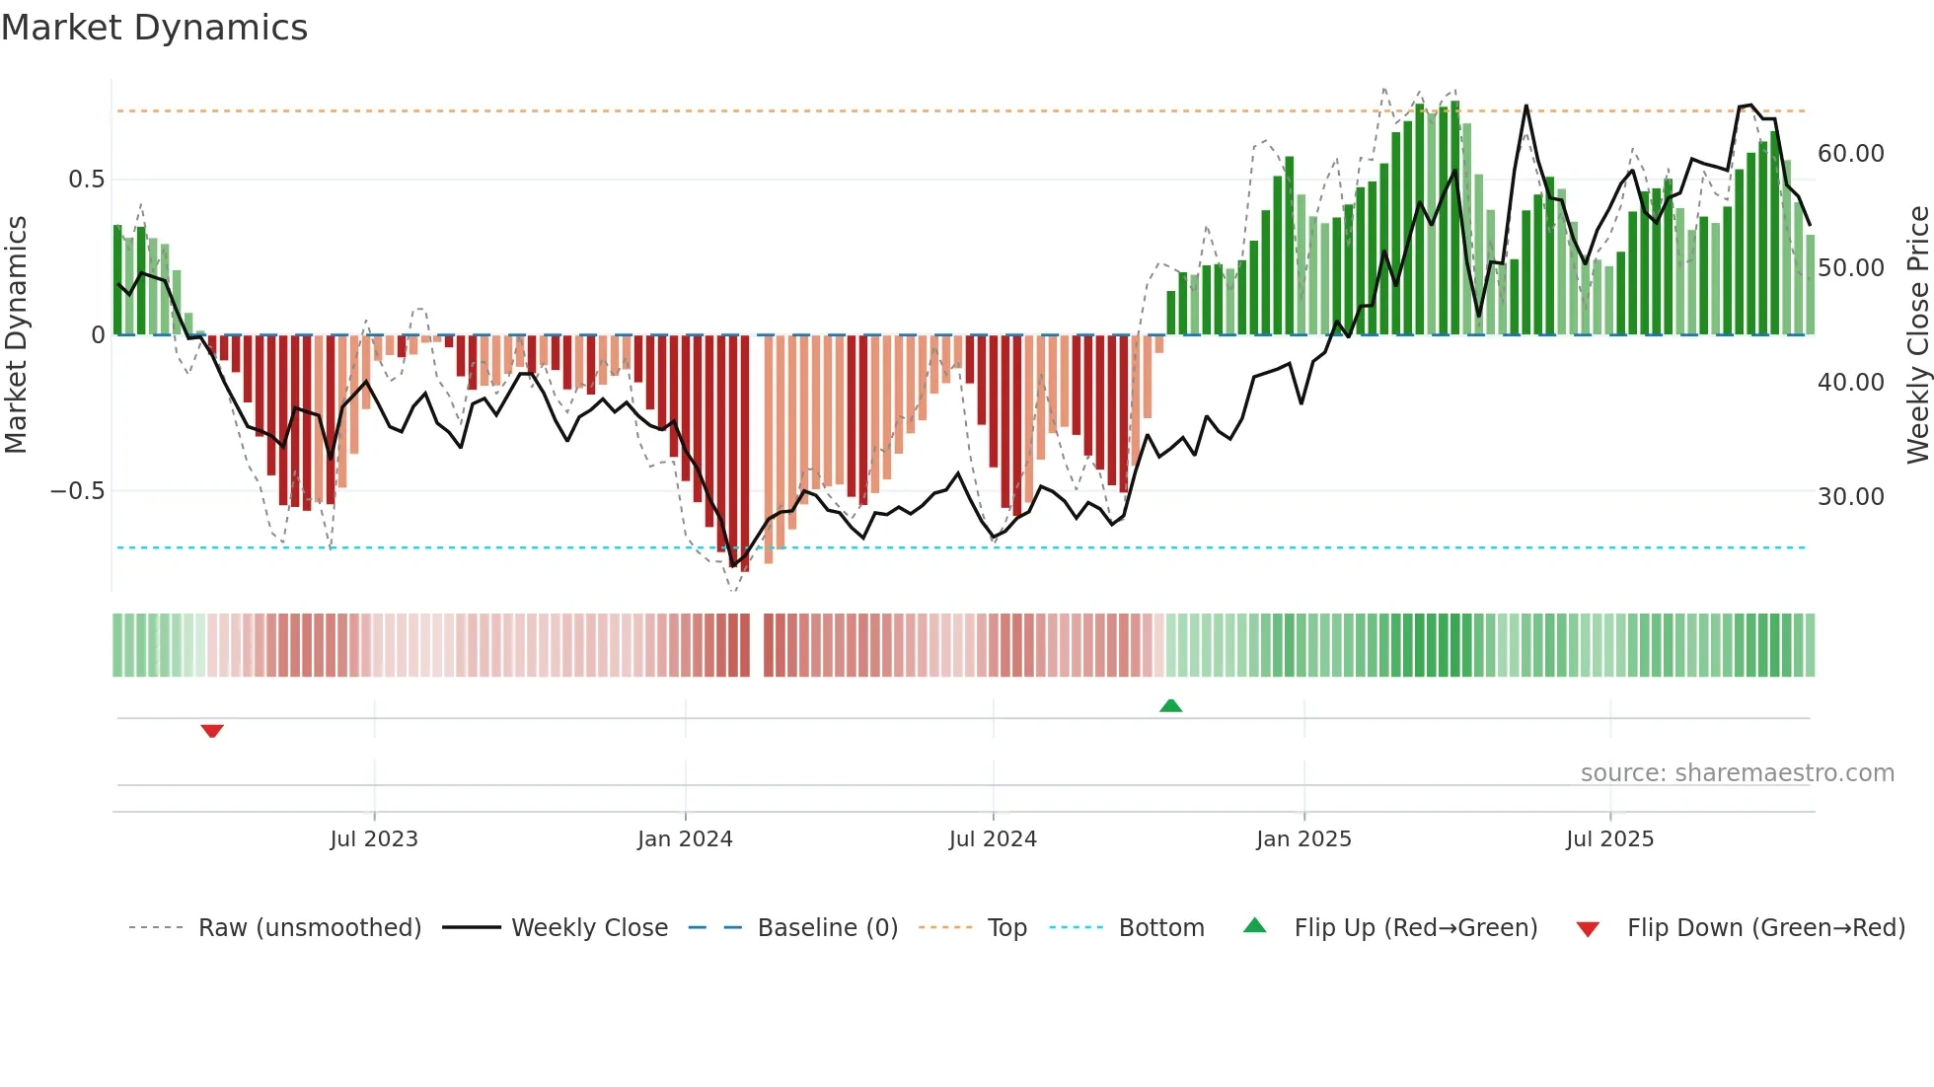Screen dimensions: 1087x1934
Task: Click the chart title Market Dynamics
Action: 154,28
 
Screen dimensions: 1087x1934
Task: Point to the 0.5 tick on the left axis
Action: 86,180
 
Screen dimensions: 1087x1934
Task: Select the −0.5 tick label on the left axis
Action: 78,491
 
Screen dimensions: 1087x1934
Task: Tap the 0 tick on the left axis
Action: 98,335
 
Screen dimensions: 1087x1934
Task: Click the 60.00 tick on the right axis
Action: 1850,154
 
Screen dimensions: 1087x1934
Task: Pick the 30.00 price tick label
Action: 1850,497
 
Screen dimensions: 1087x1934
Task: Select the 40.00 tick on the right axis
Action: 1850,383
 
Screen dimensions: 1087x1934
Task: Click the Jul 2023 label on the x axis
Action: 374,839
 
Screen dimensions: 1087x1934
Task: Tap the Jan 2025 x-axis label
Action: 1303,839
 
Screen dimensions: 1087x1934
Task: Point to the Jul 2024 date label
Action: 993,839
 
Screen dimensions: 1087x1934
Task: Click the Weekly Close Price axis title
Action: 1917,335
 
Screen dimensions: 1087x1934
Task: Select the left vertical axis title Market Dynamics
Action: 16,335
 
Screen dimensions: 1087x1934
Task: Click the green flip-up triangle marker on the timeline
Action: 1170,706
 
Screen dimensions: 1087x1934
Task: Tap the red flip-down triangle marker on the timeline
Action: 212,731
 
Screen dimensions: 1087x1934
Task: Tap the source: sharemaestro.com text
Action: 1737,773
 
